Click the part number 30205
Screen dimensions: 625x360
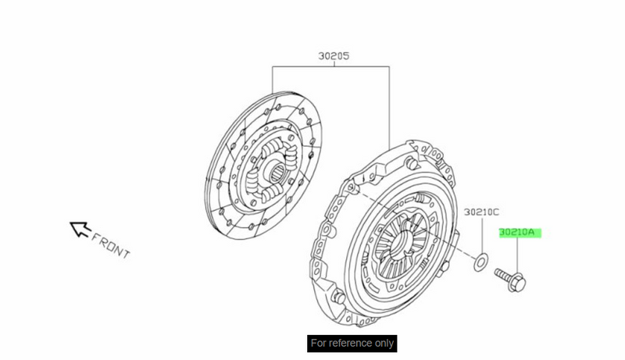(334, 56)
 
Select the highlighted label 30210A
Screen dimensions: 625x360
(517, 232)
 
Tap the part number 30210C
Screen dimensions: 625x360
(481, 212)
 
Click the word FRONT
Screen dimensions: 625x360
(110, 246)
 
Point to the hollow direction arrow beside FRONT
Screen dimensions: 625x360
(80, 229)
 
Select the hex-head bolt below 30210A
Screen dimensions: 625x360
(510, 279)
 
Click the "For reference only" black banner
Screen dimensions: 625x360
(352, 344)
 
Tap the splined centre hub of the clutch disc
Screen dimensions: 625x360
(277, 173)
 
